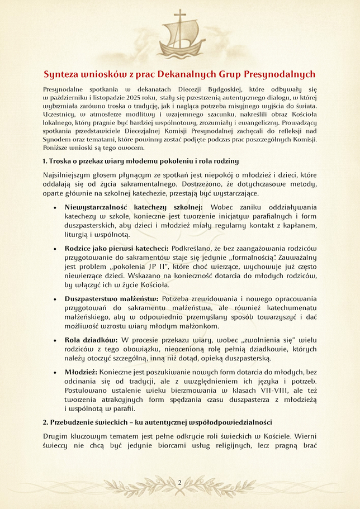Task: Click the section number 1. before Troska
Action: pos(45,161)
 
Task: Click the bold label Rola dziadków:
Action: pos(91,340)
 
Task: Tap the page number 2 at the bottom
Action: pos(180,482)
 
